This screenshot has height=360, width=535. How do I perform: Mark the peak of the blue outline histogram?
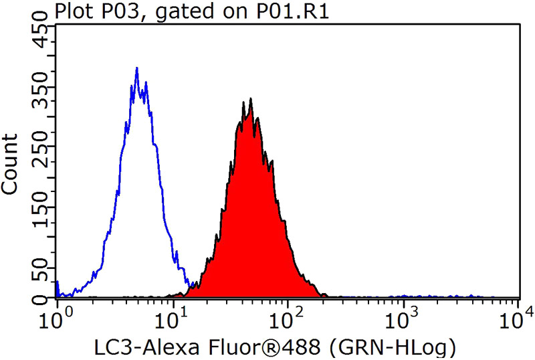[x=136, y=68]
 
